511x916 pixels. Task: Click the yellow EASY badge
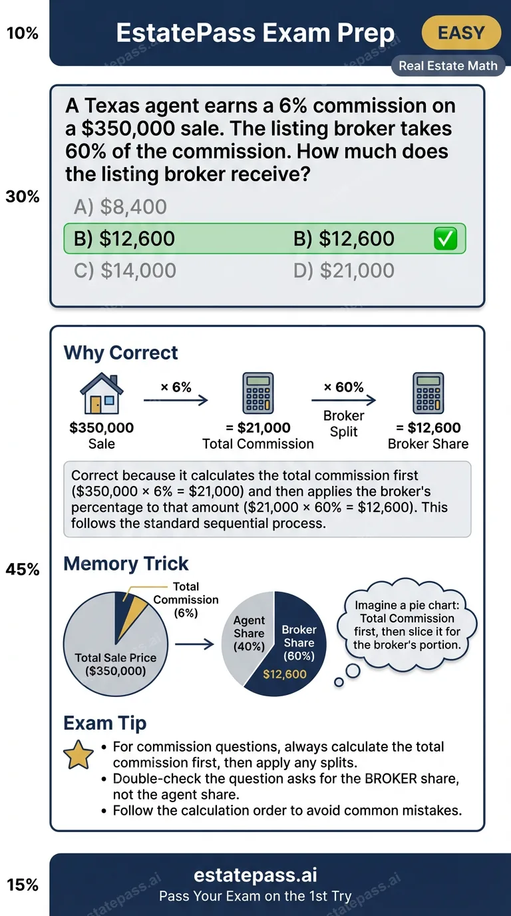pos(461,33)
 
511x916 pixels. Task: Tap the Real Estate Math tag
pos(448,67)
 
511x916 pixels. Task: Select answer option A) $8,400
pos(120,207)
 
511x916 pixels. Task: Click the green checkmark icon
pos(445,239)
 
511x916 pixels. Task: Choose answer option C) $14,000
pos(125,271)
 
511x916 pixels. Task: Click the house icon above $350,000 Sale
pos(102,394)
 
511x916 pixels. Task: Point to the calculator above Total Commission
pos(258,394)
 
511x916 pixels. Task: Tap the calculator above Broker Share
pos(428,394)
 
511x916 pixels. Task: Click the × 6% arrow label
pos(176,387)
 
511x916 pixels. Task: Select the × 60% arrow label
pos(343,387)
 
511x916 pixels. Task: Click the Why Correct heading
pos(120,353)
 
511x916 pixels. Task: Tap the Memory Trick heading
pos(126,564)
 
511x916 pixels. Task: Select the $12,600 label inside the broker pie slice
pos(285,674)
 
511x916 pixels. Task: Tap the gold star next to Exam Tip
pos(77,756)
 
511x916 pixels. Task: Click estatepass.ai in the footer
pos(255,875)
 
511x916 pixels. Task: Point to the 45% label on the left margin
pos(23,570)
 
